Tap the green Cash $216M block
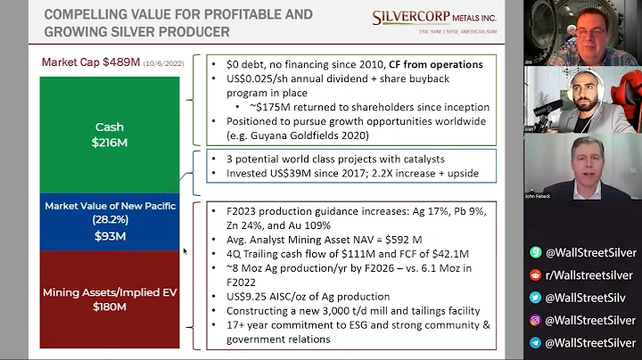tap(110, 134)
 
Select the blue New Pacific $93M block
tap(110, 221)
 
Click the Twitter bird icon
tap(535, 297)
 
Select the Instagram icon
tap(535, 319)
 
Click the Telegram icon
tap(535, 341)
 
